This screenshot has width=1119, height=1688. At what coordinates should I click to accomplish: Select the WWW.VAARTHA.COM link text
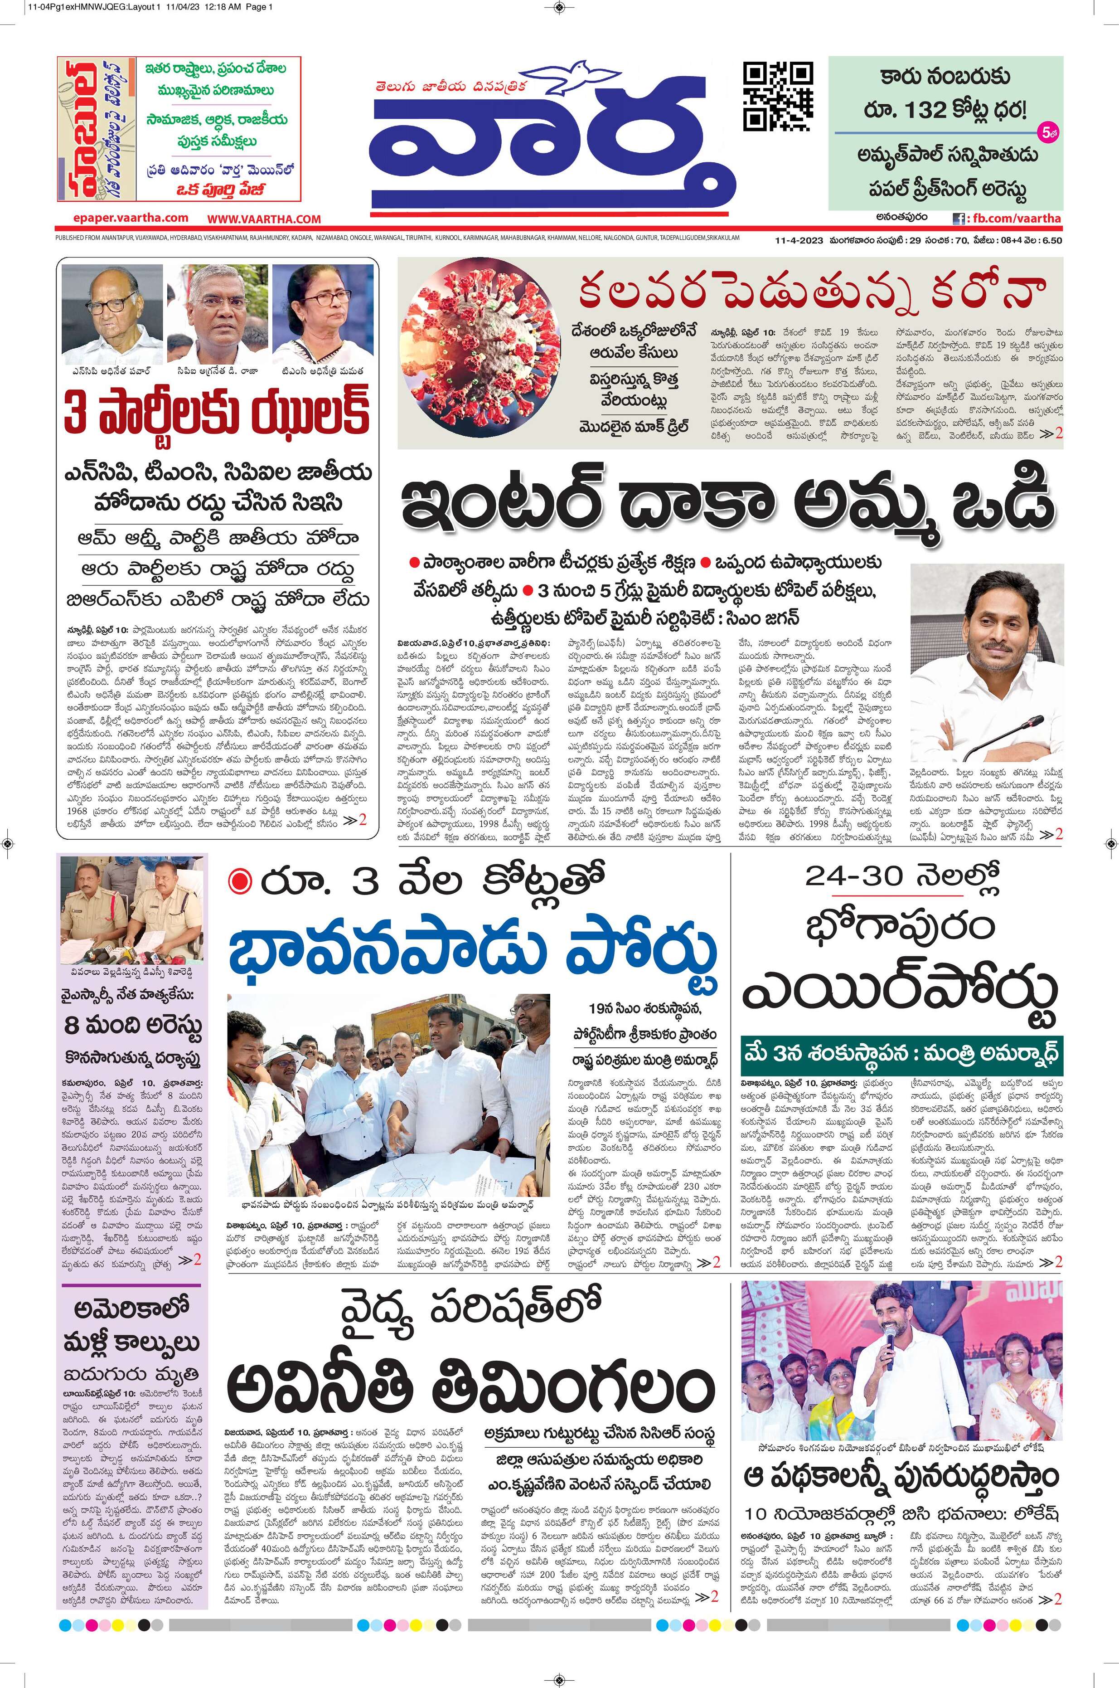264,219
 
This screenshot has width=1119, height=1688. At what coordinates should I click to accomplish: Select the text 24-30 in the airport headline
853,875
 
